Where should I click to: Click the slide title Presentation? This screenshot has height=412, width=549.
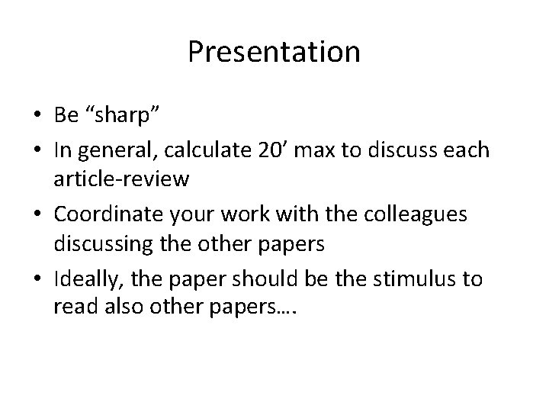point(274,52)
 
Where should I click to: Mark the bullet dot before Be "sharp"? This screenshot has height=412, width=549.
point(38,114)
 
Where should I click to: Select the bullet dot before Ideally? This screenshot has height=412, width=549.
point(38,279)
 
